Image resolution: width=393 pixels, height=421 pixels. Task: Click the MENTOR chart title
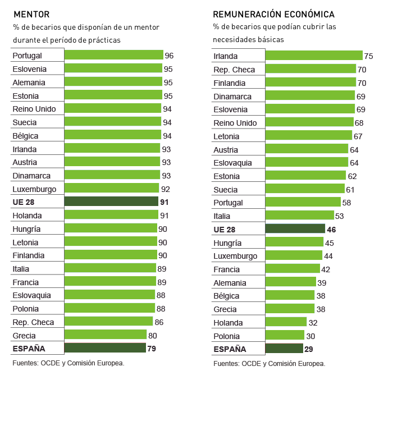click(x=31, y=14)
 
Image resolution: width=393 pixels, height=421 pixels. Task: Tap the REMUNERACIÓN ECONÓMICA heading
click(x=274, y=14)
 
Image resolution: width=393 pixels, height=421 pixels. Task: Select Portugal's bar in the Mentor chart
click(x=113, y=55)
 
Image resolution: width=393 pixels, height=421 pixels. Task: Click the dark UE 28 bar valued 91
click(x=111, y=202)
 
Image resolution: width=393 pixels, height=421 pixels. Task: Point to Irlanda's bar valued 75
click(x=314, y=56)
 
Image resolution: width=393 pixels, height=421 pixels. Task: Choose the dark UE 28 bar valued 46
click(x=295, y=229)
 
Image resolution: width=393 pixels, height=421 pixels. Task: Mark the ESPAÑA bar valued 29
click(x=284, y=349)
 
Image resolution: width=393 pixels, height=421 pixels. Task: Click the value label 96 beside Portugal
click(x=169, y=56)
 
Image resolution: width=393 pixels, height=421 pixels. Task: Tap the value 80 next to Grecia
click(x=152, y=335)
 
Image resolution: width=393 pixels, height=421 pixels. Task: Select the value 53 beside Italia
click(x=339, y=216)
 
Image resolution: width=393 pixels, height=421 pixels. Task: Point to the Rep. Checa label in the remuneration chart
click(x=234, y=70)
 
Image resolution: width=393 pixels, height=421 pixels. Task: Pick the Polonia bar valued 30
click(x=285, y=336)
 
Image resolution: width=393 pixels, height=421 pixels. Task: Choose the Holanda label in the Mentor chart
click(x=28, y=215)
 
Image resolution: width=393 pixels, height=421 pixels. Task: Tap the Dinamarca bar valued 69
click(x=310, y=96)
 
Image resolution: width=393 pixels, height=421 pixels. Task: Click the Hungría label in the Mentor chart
click(x=26, y=228)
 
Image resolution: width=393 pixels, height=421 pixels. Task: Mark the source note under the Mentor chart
click(x=68, y=363)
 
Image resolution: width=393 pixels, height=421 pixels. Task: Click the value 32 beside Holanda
click(x=313, y=322)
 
